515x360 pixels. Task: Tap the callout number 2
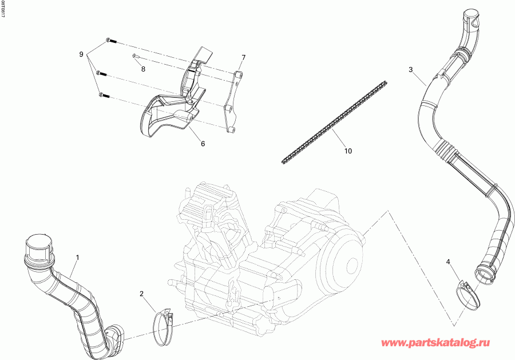pyautogui.click(x=142, y=294)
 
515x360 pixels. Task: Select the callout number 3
pyautogui.click(x=410, y=69)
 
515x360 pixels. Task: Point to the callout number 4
pyautogui.click(x=449, y=262)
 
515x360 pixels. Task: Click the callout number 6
pyautogui.click(x=203, y=144)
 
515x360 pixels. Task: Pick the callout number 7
pyautogui.click(x=243, y=58)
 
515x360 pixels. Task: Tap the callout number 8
pyautogui.click(x=143, y=69)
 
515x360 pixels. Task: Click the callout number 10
pyautogui.click(x=348, y=151)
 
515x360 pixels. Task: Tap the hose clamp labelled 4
pyautogui.click(x=469, y=293)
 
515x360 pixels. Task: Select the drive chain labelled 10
pyautogui.click(x=332, y=123)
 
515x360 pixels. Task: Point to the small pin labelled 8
pyautogui.click(x=134, y=56)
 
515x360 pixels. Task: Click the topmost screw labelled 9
pyautogui.click(x=110, y=40)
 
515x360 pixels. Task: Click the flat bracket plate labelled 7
pyautogui.click(x=232, y=103)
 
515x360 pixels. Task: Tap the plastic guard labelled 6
pyautogui.click(x=172, y=106)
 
